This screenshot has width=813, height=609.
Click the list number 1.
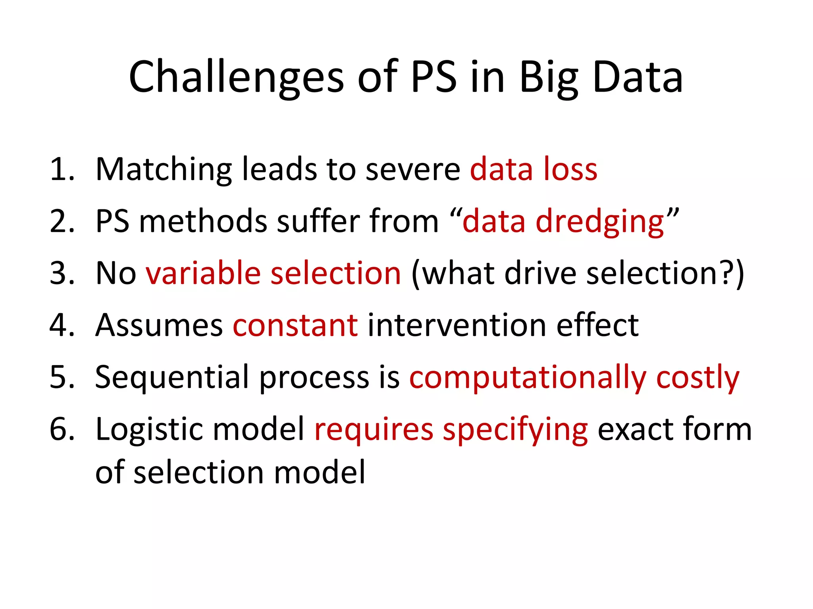(x=62, y=170)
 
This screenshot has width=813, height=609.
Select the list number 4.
(x=62, y=326)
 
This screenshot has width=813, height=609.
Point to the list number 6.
(x=62, y=429)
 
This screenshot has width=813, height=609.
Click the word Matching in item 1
(x=164, y=170)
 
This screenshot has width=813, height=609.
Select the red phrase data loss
(x=533, y=170)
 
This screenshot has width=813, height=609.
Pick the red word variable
(x=203, y=274)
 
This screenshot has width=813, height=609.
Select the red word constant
(x=295, y=326)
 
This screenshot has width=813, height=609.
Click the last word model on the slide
(x=319, y=473)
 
